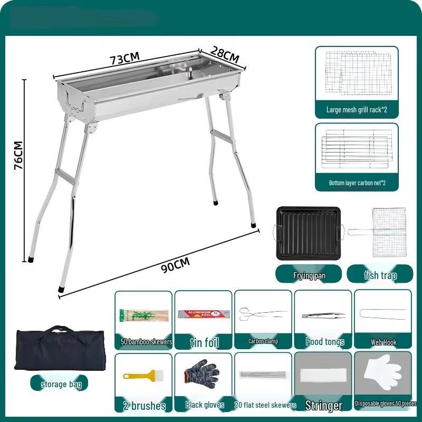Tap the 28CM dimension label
click(x=225, y=53)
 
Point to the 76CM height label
click(x=18, y=155)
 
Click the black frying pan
click(x=309, y=232)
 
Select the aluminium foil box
click(x=203, y=314)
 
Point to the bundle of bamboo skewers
click(x=144, y=316)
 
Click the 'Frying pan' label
click(x=309, y=275)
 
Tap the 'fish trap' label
click(x=380, y=275)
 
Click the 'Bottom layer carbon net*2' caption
click(x=357, y=183)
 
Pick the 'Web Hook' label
click(x=383, y=342)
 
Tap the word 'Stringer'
click(x=324, y=406)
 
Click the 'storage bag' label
click(x=61, y=384)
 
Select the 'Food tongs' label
click(x=324, y=342)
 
